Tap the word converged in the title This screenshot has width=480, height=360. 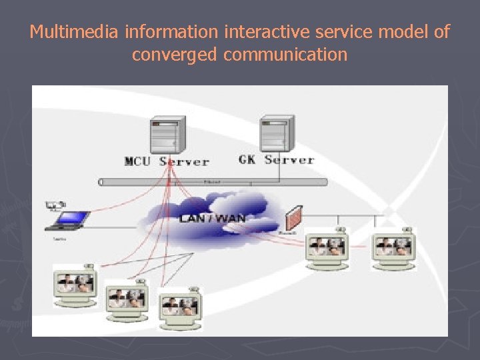(175, 54)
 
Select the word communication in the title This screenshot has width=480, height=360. (285, 54)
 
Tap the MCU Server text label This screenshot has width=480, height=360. (167, 161)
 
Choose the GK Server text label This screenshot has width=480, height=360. (276, 160)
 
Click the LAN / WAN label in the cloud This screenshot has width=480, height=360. (212, 218)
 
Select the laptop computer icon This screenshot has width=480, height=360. (71, 220)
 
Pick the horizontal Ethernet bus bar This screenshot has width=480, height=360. (213, 181)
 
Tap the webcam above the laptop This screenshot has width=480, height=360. (57, 205)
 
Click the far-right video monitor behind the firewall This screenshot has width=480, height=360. (393, 248)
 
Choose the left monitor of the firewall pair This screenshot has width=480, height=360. (327, 248)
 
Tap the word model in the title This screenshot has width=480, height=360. (407, 32)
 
